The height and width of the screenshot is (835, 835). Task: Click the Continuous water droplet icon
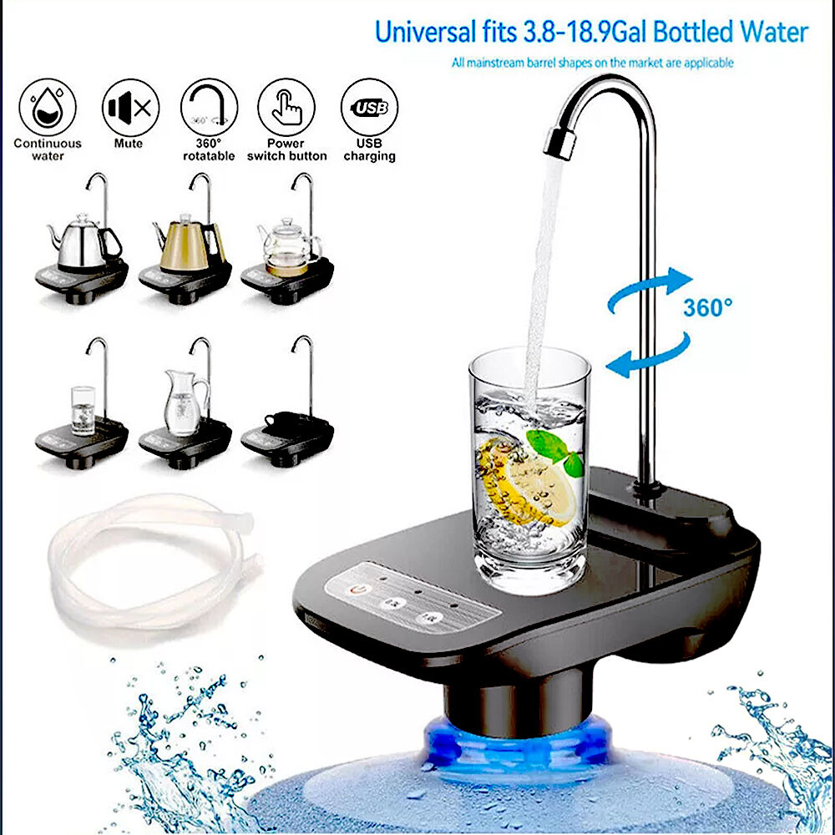coord(48,107)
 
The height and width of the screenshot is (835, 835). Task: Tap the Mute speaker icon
coord(130,107)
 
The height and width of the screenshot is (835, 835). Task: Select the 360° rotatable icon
coord(209,107)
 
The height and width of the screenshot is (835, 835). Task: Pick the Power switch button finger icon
coord(286,107)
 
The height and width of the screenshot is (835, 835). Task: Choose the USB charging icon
coord(369,107)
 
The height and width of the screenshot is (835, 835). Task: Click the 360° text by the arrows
coord(707,307)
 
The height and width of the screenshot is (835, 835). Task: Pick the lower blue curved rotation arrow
coord(648,355)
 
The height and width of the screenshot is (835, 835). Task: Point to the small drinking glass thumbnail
coord(83,409)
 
